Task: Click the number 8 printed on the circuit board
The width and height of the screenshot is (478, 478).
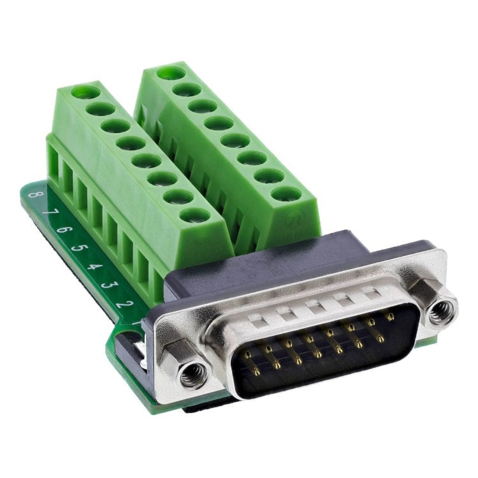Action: pyautogui.click(x=33, y=194)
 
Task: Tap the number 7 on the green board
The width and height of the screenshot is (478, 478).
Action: pyautogui.click(x=48, y=212)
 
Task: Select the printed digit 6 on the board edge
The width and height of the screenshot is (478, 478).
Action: pyautogui.click(x=62, y=229)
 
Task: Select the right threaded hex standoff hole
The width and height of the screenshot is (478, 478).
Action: pyautogui.click(x=439, y=313)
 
